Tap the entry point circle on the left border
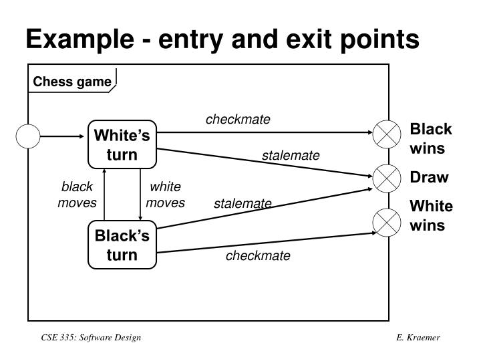point(29,136)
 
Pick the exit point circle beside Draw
point(385,178)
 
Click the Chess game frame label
point(72,82)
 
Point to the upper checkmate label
point(238,120)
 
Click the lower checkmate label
point(258,256)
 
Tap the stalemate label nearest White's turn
point(291,156)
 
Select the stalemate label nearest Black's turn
point(243,203)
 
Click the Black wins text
point(430,138)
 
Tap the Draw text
point(429,177)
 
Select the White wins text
point(431,215)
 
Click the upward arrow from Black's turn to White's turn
point(105,194)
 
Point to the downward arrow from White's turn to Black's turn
point(140,194)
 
